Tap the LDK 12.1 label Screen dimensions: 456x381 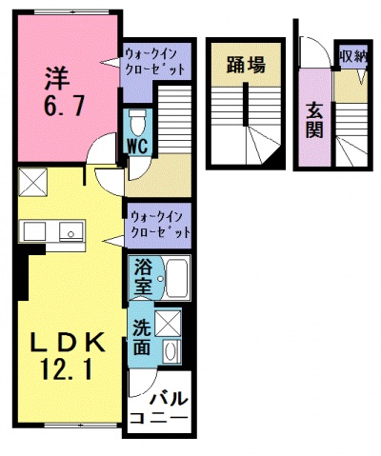(x=67, y=354)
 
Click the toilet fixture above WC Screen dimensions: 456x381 (x=137, y=123)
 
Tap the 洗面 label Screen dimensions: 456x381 (x=141, y=335)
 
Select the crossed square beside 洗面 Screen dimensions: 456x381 (x=169, y=323)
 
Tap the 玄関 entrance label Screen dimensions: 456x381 (x=314, y=119)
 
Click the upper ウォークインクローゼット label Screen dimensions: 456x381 (x=155, y=64)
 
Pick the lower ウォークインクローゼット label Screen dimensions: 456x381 (x=158, y=224)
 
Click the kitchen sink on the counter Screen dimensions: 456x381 (x=68, y=231)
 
